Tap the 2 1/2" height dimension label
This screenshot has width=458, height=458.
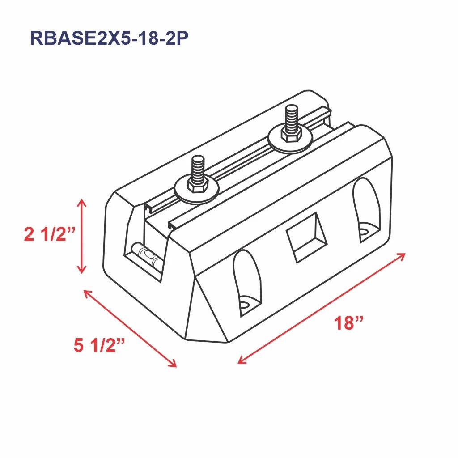tap(50, 234)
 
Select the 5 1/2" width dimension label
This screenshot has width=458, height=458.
tap(99, 345)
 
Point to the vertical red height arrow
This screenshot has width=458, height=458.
tap(81, 236)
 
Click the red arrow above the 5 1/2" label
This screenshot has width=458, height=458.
tap(130, 328)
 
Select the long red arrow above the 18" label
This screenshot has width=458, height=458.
tap(322, 308)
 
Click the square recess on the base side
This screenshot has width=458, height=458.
tap(307, 237)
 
